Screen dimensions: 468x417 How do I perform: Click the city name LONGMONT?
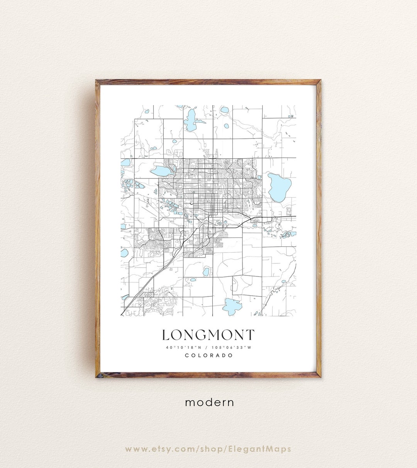pyautogui.click(x=208, y=335)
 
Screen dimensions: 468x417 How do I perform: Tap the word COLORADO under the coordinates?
pyautogui.click(x=208, y=355)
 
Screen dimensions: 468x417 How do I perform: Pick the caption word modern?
pyautogui.click(x=209, y=402)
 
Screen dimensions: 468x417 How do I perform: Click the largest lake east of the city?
pyautogui.click(x=280, y=187)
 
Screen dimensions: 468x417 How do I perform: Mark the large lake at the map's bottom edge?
pyautogui.click(x=232, y=307)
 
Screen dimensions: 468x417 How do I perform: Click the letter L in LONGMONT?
pyautogui.click(x=166, y=335)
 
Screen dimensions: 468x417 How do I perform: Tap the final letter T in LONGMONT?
pyautogui.click(x=250, y=335)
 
